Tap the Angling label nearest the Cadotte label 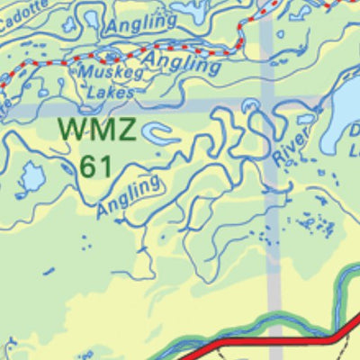(x=142, y=22)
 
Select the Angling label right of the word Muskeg (x=183, y=62)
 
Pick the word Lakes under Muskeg (x=111, y=92)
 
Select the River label (x=290, y=146)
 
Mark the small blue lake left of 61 (x=31, y=177)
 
